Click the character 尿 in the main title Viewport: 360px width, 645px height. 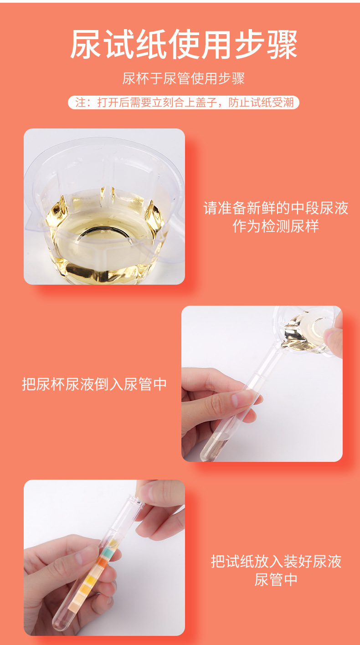click(86, 45)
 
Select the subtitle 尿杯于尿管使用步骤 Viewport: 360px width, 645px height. click(184, 78)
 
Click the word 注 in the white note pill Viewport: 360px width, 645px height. click(80, 102)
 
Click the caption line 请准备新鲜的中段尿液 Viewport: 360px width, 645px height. click(276, 209)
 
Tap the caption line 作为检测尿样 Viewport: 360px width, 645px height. click(276, 226)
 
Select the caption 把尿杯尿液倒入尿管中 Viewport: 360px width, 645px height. click(95, 384)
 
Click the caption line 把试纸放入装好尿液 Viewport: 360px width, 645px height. click(276, 561)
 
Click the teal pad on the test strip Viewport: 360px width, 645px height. click(105, 553)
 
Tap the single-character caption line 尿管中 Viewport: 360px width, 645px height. click(276, 580)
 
